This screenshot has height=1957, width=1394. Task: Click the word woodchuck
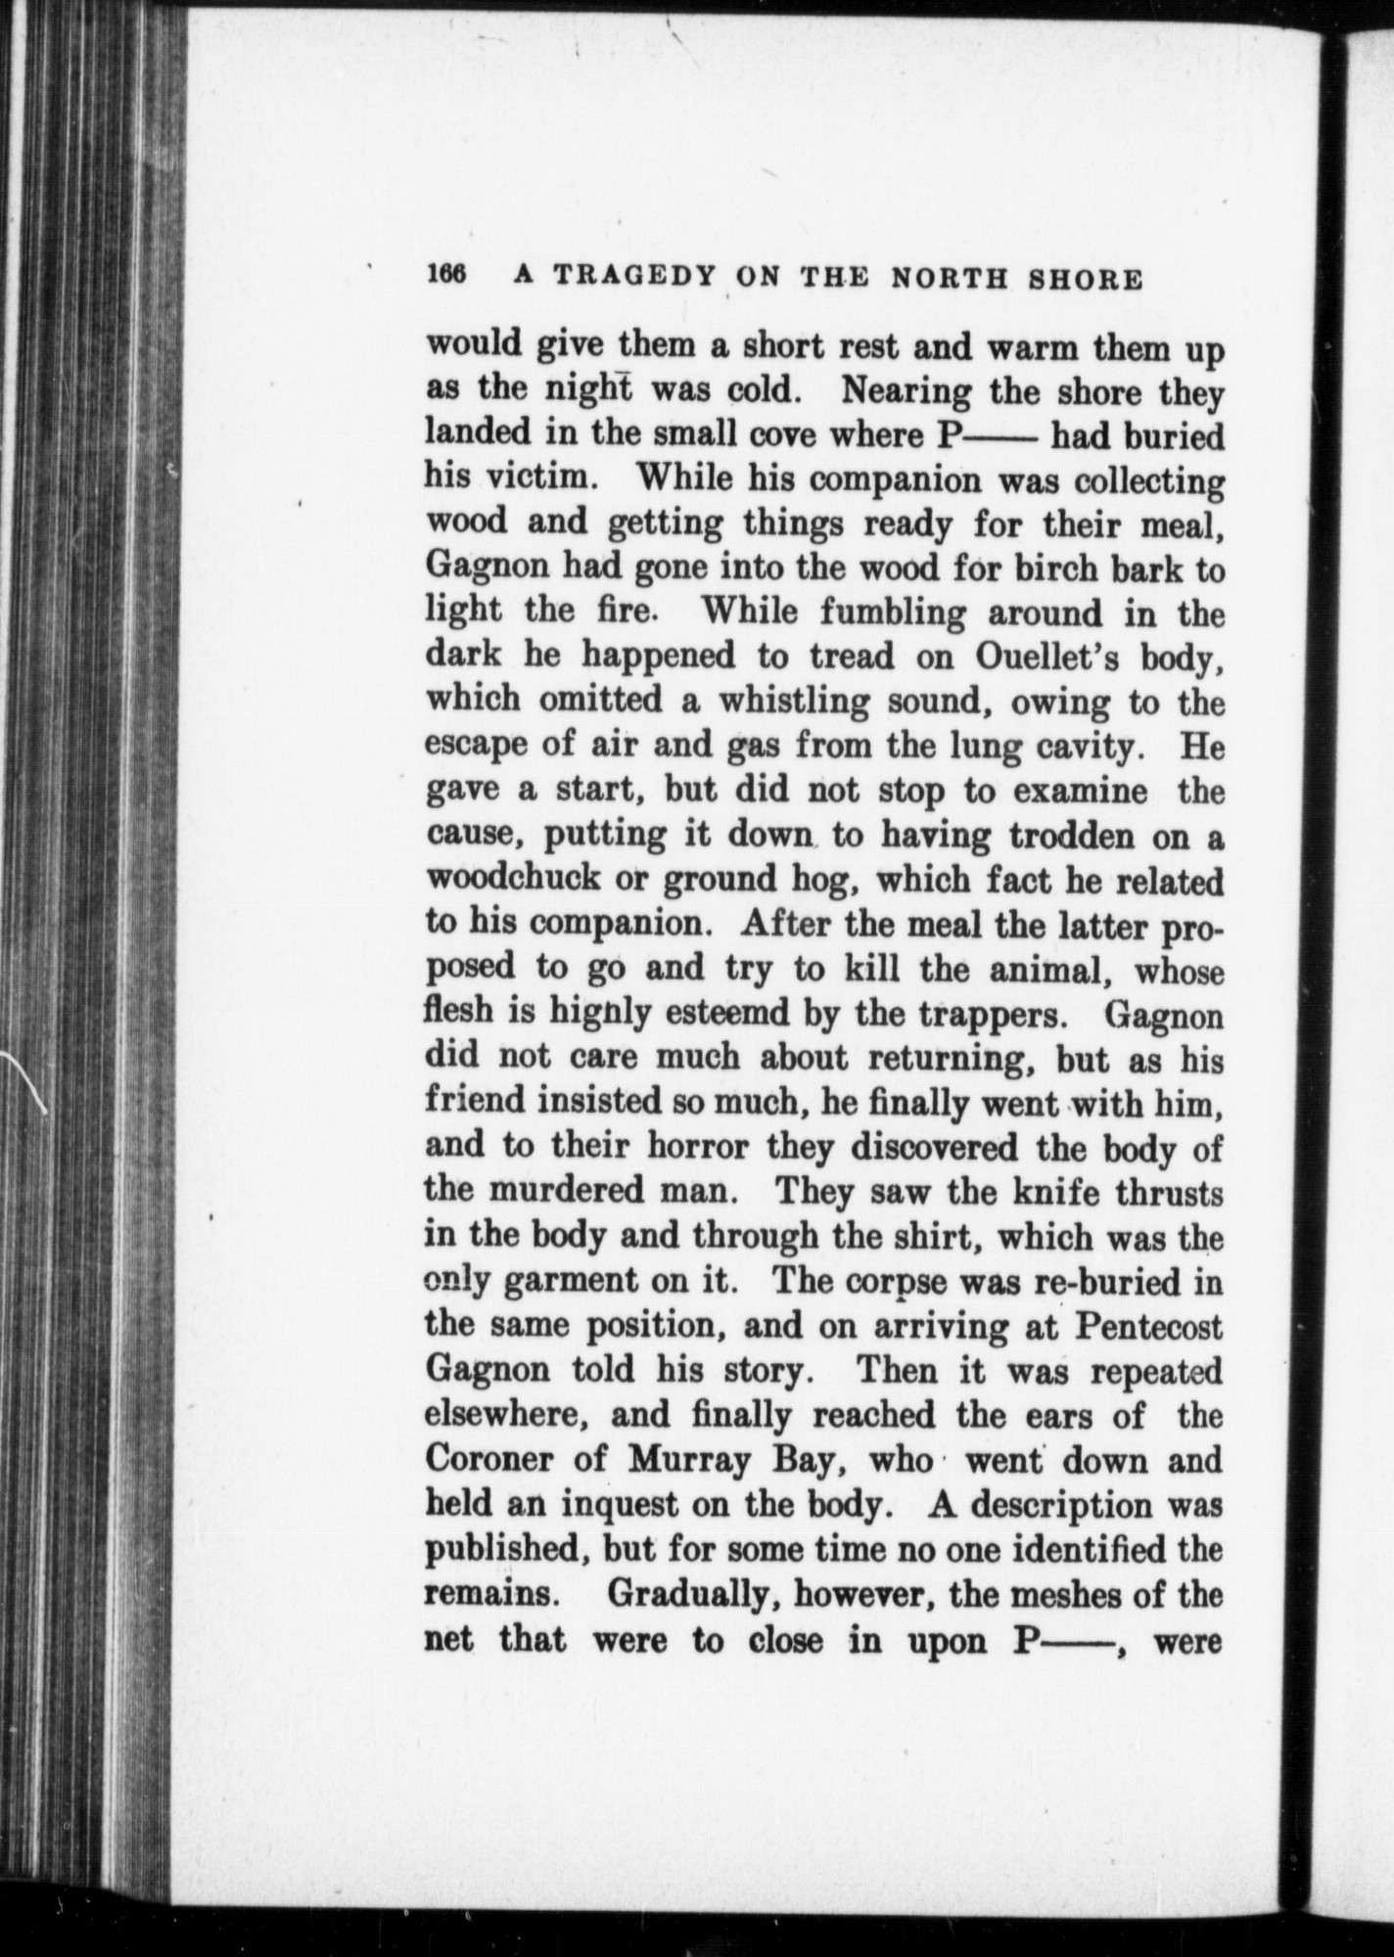pyautogui.click(x=500, y=880)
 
